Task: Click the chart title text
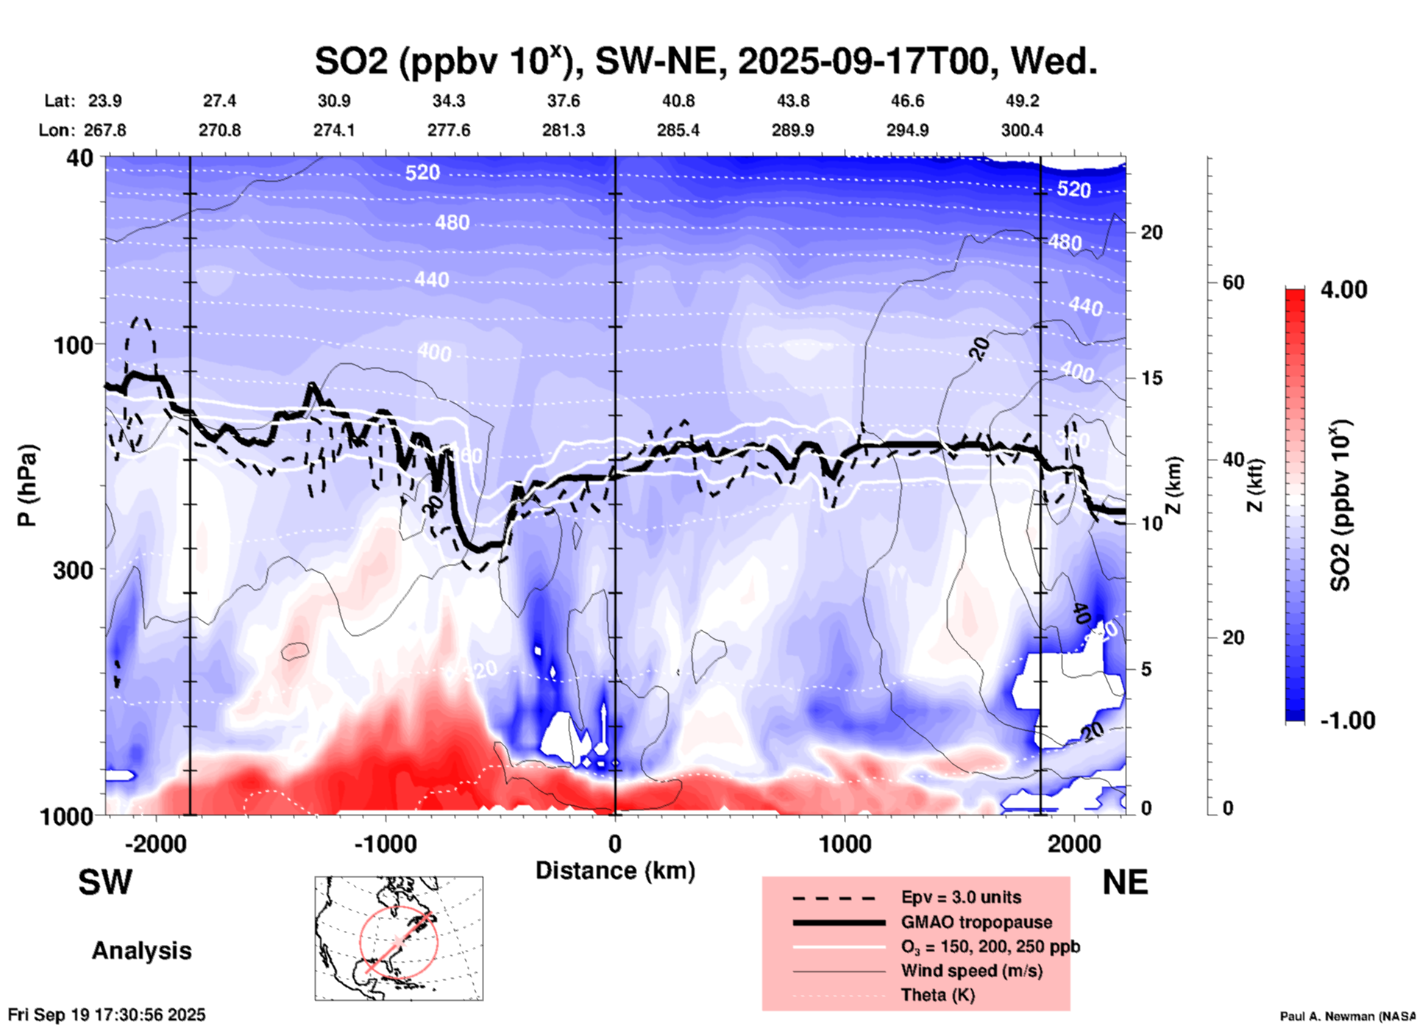[706, 61]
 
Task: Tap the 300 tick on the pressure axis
[74, 570]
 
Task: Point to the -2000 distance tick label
[155, 843]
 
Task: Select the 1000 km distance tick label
[845, 843]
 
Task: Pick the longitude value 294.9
[907, 130]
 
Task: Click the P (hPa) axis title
[27, 485]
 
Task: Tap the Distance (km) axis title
[615, 871]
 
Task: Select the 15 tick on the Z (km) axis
[1151, 378]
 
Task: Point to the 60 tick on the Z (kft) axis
[1233, 282]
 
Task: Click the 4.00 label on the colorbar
[1343, 290]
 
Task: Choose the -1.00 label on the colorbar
[1347, 721]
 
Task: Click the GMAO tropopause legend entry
[976, 922]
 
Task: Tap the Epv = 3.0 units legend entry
[961, 898]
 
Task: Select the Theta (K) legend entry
[937, 995]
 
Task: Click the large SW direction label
[105, 882]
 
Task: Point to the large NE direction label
[1125, 882]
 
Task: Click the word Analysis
[141, 951]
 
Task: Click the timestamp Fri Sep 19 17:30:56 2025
[107, 1015]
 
